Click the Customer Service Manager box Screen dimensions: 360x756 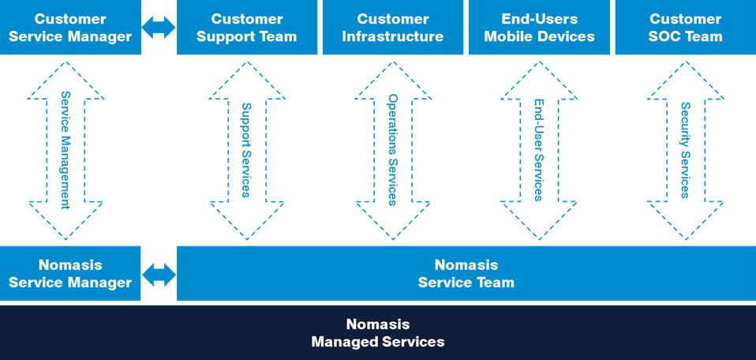pos(71,28)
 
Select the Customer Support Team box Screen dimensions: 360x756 pos(246,28)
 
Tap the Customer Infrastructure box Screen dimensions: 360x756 pos(392,28)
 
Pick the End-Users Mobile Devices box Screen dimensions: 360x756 pos(538,28)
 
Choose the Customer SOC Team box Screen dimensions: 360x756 pos(685,28)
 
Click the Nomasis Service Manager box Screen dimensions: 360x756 pos(71,273)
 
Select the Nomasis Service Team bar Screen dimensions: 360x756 pos(466,273)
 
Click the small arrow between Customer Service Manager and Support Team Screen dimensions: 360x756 pos(159,28)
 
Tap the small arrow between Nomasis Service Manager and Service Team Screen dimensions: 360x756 pos(159,274)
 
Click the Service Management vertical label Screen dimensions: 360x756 pos(66,149)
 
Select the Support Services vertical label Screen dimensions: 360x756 pos(246,149)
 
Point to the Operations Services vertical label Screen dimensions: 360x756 pos(392,149)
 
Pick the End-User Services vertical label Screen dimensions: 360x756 pos(538,149)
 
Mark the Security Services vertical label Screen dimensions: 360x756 pos(685,149)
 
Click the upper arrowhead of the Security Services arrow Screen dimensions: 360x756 pos(685,83)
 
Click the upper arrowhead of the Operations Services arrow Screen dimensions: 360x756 pos(392,83)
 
